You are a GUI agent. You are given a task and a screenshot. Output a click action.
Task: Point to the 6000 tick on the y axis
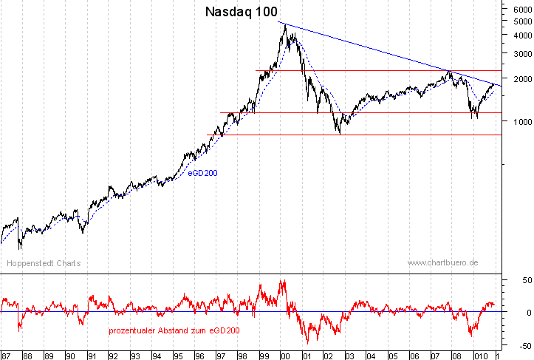point(516,9)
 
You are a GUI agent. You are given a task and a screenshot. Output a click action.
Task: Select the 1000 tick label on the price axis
point(516,121)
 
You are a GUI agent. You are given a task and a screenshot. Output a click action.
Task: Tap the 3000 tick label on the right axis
point(516,54)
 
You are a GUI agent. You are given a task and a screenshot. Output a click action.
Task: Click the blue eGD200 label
point(202,172)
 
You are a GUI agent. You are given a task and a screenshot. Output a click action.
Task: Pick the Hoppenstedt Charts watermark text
point(44,263)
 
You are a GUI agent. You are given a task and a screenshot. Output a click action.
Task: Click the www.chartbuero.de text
point(443,263)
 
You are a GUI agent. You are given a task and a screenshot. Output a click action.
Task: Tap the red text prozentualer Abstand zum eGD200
point(174,330)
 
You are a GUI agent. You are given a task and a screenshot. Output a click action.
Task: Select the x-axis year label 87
point(7,356)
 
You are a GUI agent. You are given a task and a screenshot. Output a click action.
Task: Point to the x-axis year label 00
point(284,356)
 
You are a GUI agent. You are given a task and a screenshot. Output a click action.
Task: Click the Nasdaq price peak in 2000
point(283,24)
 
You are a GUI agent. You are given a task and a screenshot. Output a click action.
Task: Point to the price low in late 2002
point(339,133)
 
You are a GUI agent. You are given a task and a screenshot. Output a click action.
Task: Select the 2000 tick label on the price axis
point(516,78)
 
